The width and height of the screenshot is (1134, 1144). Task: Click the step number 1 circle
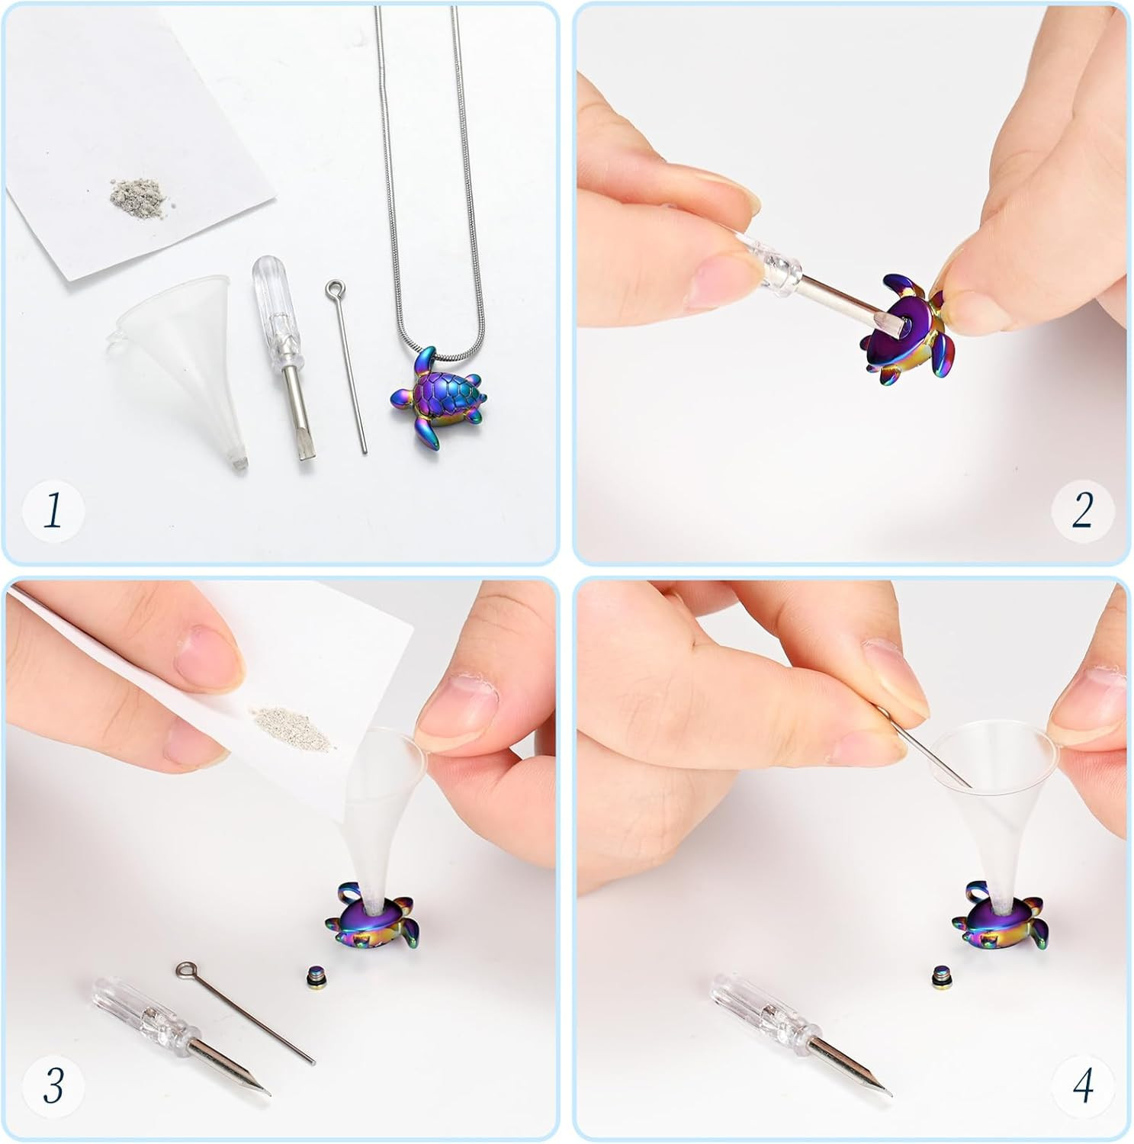(53, 510)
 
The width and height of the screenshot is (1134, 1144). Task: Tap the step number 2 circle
(1082, 510)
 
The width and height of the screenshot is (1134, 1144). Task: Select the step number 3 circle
(53, 1084)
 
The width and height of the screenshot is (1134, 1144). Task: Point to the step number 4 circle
(1082, 1084)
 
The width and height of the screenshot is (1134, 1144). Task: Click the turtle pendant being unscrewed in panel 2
(898, 330)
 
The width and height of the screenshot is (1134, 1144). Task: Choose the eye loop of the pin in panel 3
(185, 970)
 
